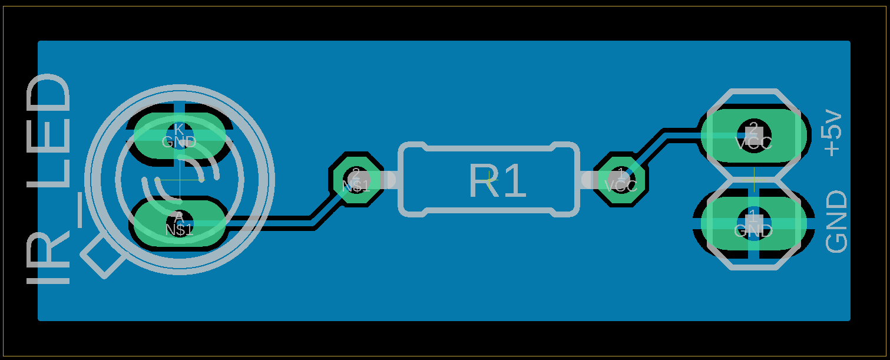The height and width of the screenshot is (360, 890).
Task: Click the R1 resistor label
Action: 497,181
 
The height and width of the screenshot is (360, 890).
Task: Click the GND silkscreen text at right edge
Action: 836,222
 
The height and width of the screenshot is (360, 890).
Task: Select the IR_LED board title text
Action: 49,179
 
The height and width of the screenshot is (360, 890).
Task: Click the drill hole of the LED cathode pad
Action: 179,131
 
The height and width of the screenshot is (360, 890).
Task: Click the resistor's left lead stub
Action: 387,179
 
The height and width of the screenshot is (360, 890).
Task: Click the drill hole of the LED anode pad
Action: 179,219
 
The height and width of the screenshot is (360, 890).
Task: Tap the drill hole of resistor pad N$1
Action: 355,176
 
